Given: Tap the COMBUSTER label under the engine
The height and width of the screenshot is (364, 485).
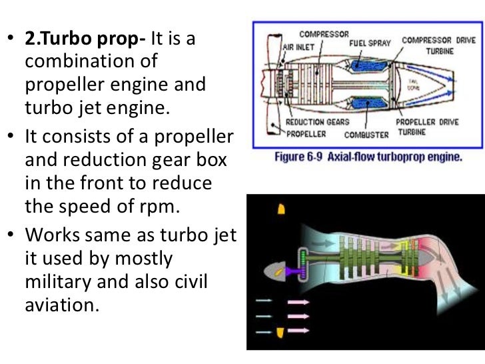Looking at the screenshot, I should [366, 135].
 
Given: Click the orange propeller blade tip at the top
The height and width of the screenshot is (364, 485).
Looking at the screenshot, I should [281, 209].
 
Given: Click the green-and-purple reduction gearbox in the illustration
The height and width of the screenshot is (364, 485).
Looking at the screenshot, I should [304, 267].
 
